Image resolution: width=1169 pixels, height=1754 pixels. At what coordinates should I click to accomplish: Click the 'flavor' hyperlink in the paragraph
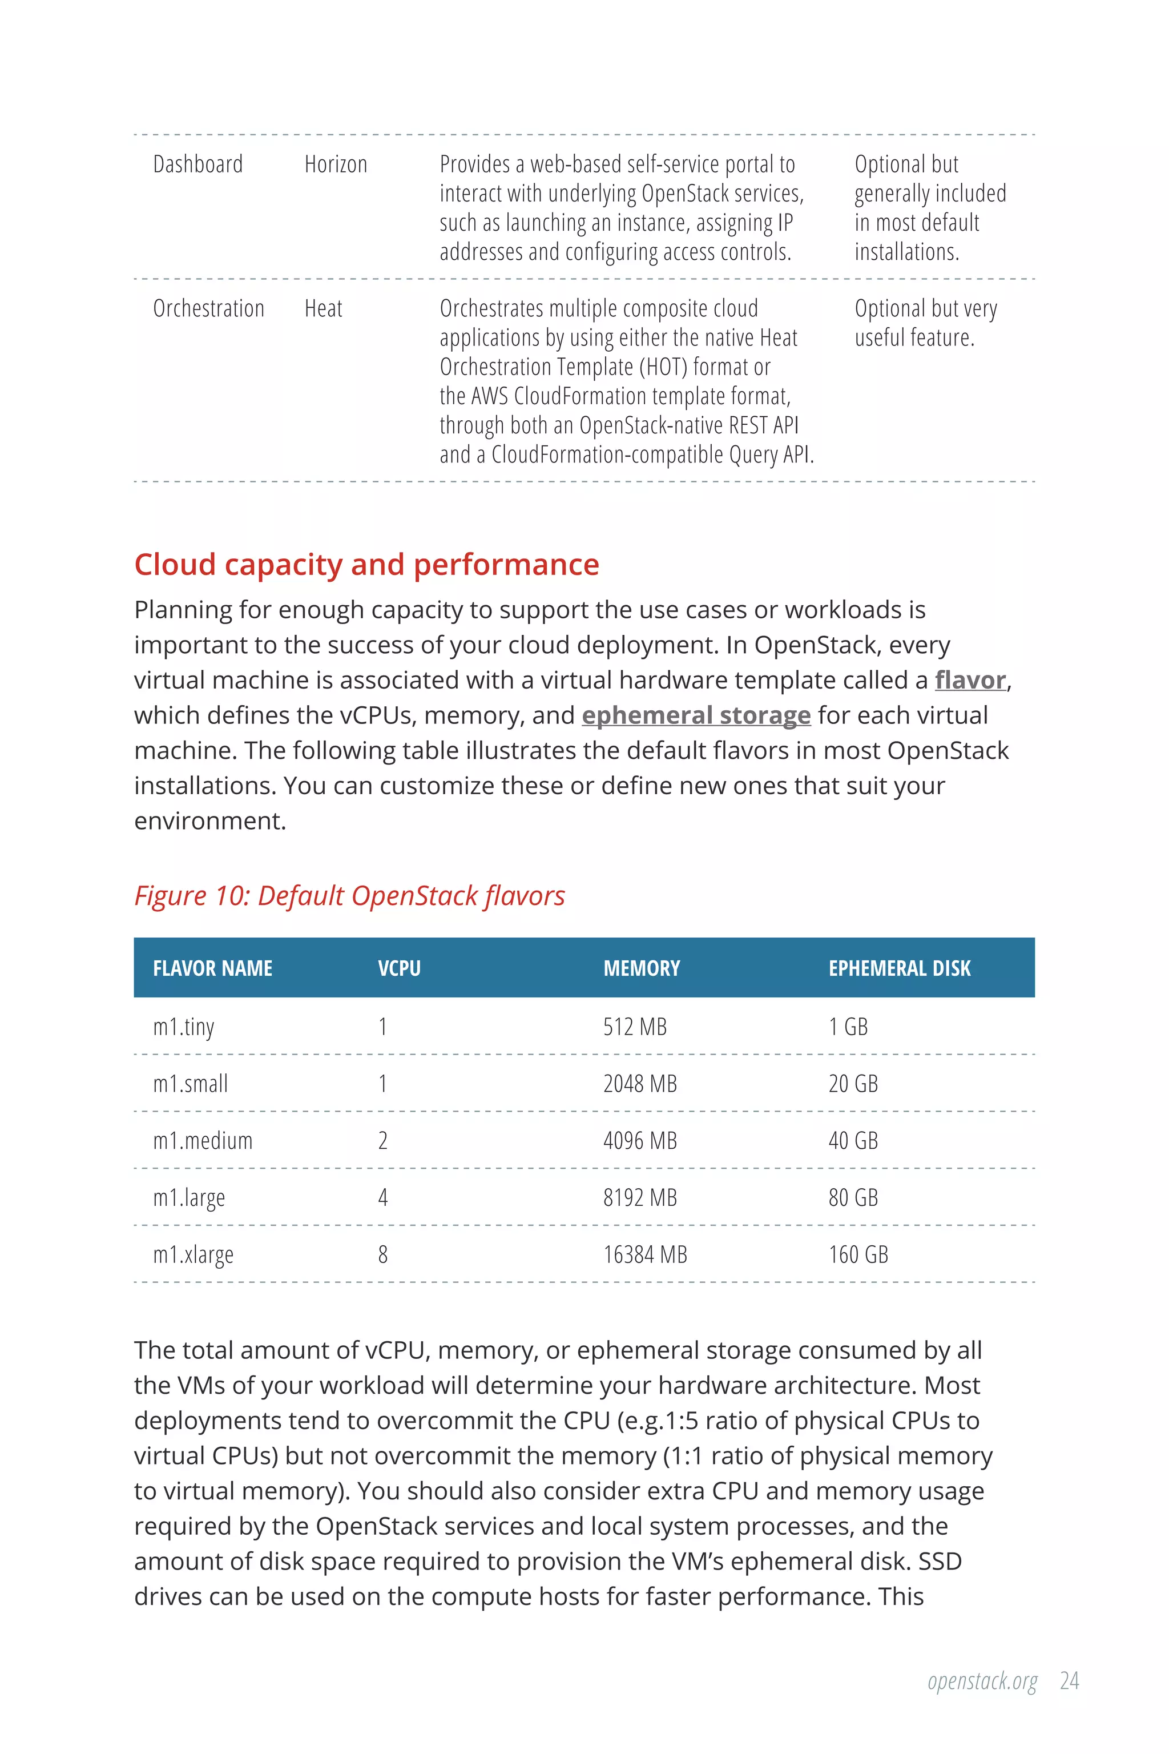(x=970, y=680)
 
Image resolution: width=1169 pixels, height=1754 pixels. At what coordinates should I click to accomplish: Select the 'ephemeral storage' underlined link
(x=696, y=715)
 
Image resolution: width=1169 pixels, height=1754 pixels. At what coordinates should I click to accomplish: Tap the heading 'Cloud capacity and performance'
(x=366, y=565)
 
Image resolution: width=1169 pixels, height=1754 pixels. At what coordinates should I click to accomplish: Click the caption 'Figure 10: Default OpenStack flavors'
(x=349, y=896)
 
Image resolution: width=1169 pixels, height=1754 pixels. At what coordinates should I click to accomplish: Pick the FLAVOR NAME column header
(x=212, y=968)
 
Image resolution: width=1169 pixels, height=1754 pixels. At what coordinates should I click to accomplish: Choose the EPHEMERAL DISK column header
(x=899, y=968)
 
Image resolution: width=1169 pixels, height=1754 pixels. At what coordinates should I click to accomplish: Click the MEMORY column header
(x=641, y=968)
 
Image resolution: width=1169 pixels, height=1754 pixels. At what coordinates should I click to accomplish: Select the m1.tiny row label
(x=183, y=1027)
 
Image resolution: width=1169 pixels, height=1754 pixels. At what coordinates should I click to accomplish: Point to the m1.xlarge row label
(x=193, y=1255)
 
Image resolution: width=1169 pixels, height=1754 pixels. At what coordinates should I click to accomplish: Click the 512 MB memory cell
(x=635, y=1027)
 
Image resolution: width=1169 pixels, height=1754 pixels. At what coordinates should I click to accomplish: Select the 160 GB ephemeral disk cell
(x=858, y=1255)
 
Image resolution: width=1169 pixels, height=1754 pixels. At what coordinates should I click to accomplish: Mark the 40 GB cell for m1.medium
(x=853, y=1141)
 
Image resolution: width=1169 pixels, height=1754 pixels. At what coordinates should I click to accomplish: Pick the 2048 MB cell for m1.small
(x=640, y=1084)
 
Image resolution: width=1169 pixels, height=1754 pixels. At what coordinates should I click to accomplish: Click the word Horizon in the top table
(x=336, y=164)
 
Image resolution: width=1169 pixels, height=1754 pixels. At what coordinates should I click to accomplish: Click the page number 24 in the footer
(x=1069, y=1681)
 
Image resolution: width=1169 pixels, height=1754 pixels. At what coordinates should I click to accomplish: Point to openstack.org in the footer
(x=982, y=1681)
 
